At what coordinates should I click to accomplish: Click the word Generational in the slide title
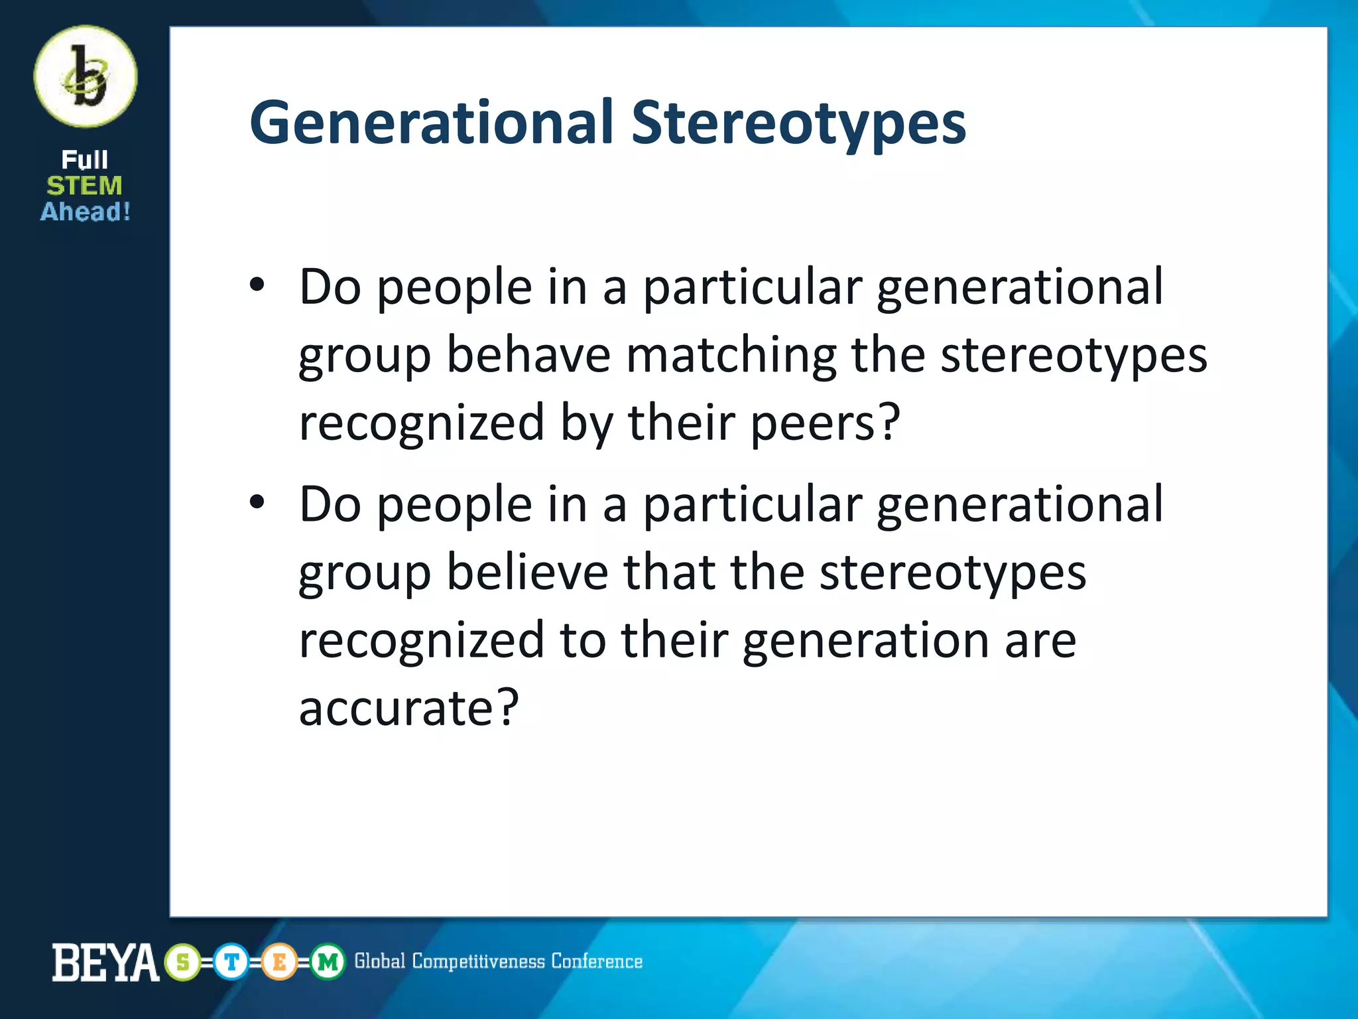[x=431, y=123]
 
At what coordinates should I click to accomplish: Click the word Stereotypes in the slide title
[x=798, y=124]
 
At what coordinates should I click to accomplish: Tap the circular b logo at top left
[x=86, y=77]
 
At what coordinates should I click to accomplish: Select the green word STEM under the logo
[x=85, y=186]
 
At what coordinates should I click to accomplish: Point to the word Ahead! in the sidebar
[x=86, y=212]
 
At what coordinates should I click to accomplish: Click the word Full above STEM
[x=85, y=160]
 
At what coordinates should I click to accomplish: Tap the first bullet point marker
[x=257, y=286]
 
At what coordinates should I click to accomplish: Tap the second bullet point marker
[x=257, y=504]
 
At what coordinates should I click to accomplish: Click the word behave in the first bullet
[x=528, y=355]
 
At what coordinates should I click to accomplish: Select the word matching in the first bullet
[x=731, y=356]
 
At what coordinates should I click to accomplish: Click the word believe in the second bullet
[x=527, y=572]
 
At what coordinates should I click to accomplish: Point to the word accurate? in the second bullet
[x=408, y=708]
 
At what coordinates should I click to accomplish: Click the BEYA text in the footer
[x=105, y=963]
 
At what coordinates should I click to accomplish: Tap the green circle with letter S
[x=183, y=962]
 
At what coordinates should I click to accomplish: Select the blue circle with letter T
[x=231, y=962]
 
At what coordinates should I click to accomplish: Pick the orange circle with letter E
[x=279, y=962]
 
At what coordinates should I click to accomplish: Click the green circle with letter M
[x=328, y=962]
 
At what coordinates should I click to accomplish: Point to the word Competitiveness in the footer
[x=479, y=961]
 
